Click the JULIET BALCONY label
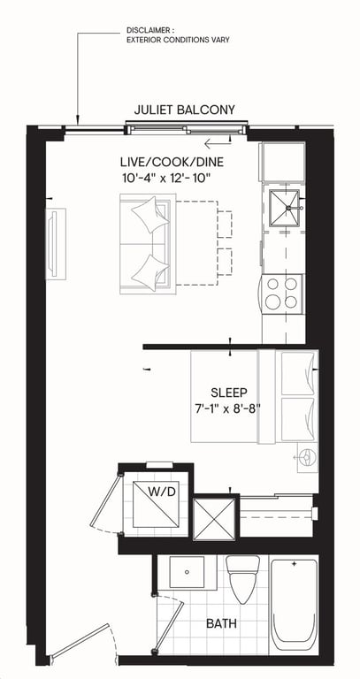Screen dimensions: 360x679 click(185, 110)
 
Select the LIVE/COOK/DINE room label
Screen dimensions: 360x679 click(172, 163)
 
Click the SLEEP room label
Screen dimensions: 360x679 click(229, 393)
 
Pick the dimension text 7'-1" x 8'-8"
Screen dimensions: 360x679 click(227, 408)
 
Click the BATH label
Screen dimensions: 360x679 click(221, 624)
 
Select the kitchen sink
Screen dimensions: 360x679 click(284, 208)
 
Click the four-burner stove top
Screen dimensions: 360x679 click(282, 294)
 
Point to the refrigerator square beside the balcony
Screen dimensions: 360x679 click(282, 161)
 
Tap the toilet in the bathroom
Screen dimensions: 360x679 click(243, 579)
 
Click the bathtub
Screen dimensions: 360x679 click(295, 606)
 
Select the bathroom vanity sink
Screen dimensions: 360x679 click(187, 572)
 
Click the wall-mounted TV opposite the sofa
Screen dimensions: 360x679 click(56, 244)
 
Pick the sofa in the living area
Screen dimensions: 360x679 click(148, 244)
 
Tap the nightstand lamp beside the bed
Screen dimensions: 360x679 click(307, 457)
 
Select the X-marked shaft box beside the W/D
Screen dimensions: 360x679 click(214, 519)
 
